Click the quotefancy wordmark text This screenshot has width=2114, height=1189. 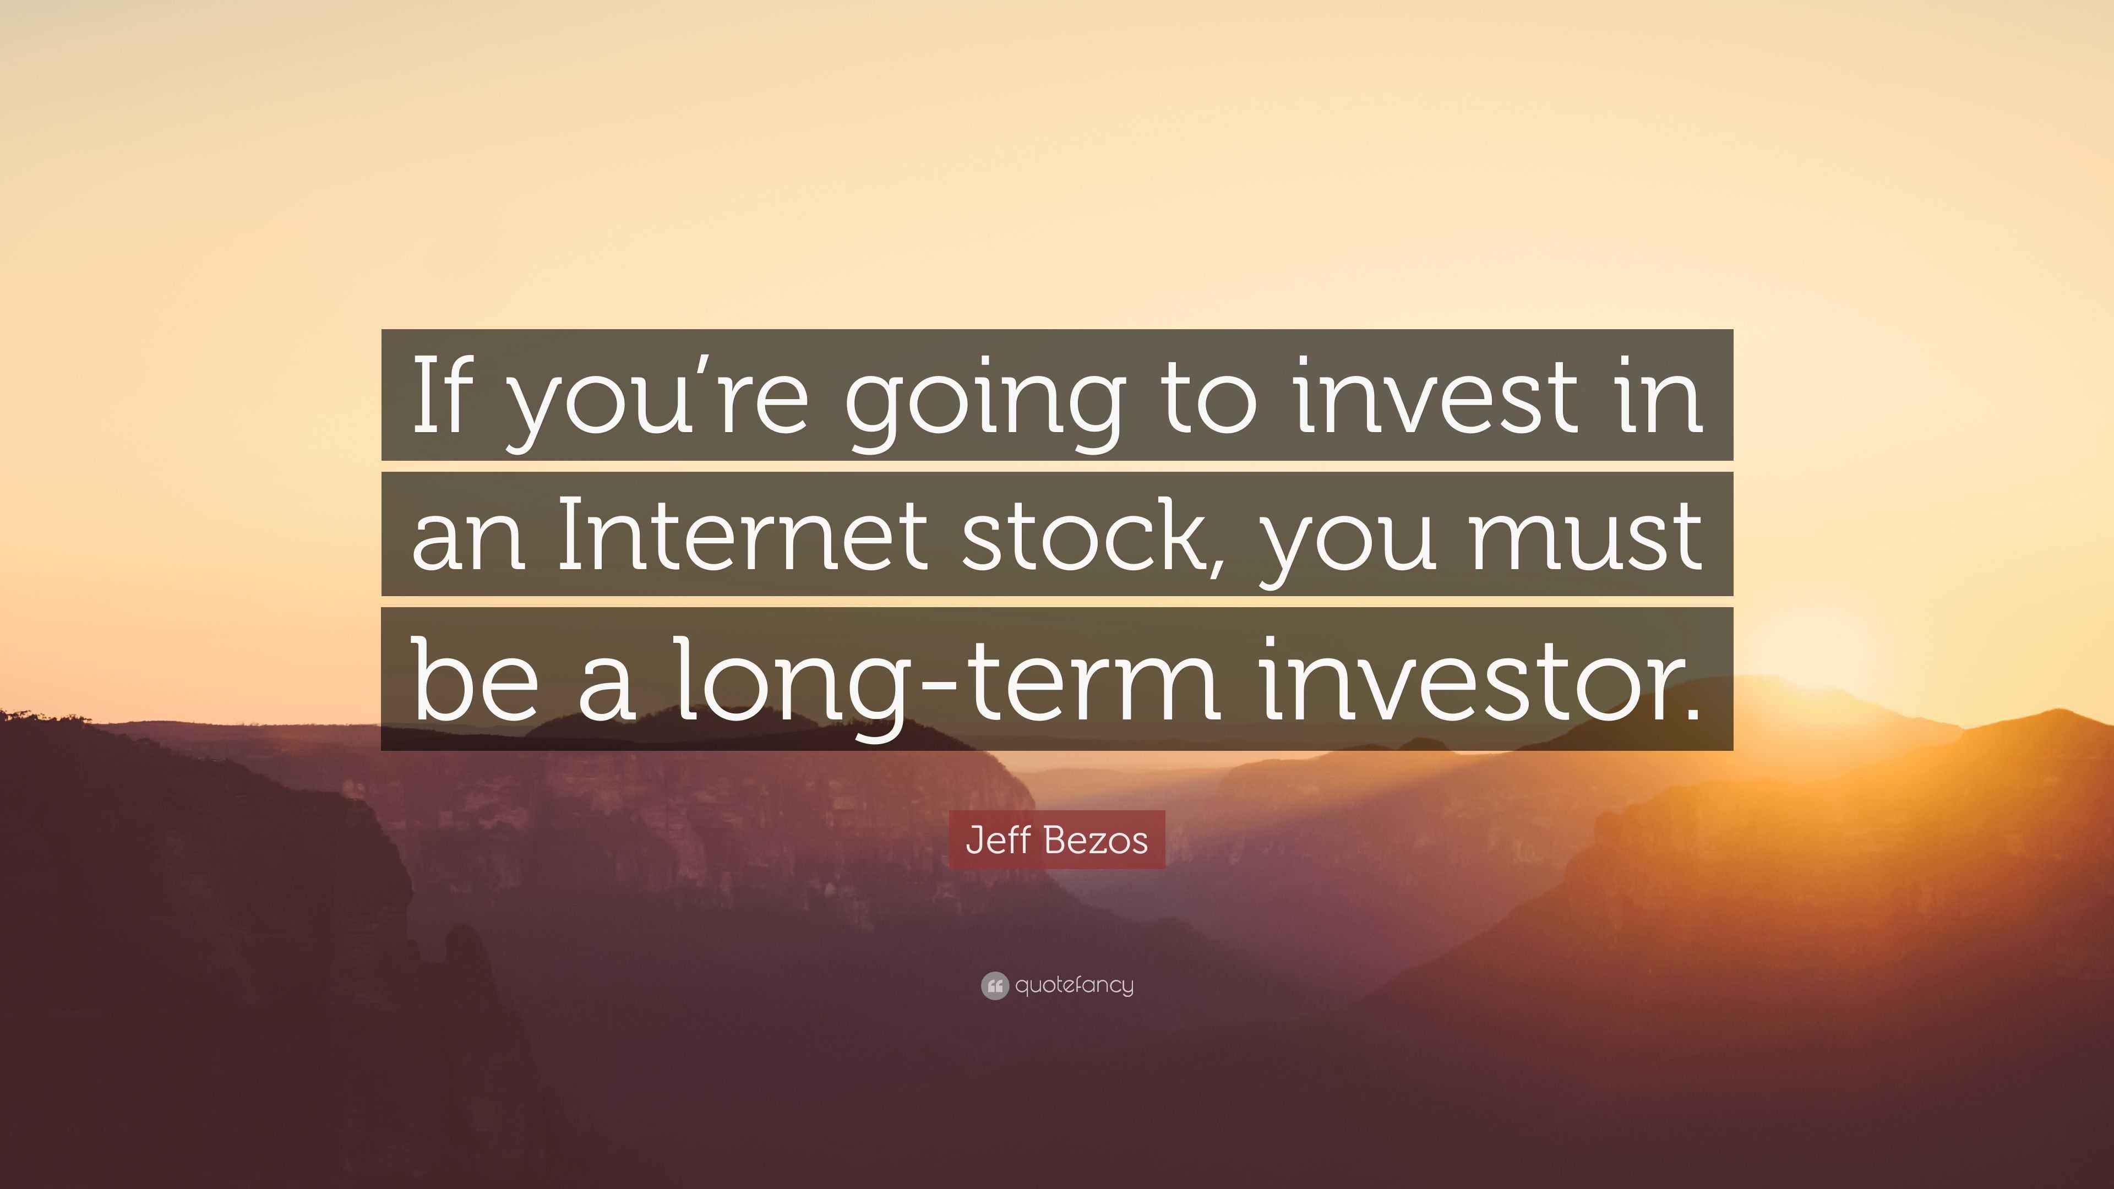[1074, 985]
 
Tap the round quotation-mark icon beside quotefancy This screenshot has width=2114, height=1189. [994, 985]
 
